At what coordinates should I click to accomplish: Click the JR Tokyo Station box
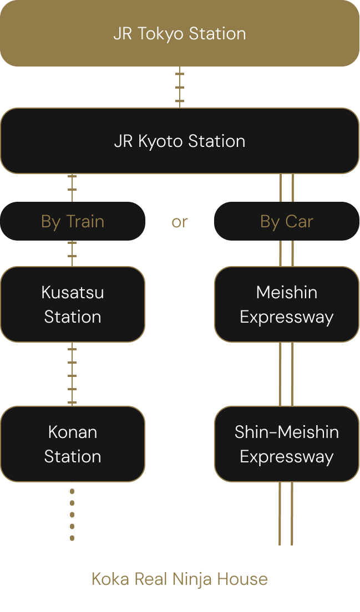(180, 33)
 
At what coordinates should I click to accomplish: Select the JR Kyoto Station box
(180, 141)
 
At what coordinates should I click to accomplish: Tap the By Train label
(73, 221)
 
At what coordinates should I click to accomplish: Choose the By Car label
(287, 221)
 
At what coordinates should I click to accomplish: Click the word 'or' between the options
(180, 222)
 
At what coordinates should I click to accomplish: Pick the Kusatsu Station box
(73, 304)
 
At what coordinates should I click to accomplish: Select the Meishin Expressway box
(287, 304)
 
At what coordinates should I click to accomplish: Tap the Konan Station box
(73, 444)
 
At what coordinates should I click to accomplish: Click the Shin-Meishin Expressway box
(287, 444)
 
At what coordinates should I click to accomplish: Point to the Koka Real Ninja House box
(180, 579)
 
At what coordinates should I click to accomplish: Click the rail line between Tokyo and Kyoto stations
(180, 87)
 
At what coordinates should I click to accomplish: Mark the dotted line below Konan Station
(72, 514)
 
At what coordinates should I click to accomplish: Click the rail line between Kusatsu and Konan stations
(72, 374)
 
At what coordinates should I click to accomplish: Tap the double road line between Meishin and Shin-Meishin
(286, 374)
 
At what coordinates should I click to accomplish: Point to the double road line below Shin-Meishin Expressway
(286, 514)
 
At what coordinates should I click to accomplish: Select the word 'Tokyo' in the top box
(160, 33)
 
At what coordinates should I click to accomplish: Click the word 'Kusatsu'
(73, 292)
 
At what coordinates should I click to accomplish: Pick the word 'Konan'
(73, 432)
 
